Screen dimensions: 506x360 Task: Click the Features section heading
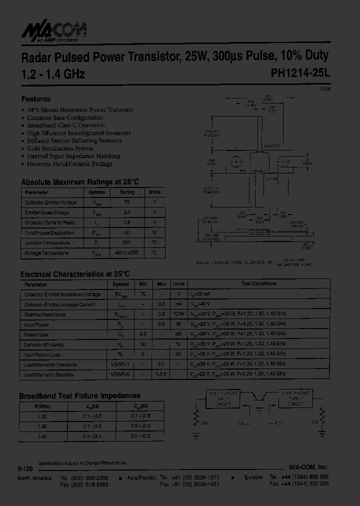tap(35, 99)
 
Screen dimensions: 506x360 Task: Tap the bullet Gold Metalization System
tap(60, 148)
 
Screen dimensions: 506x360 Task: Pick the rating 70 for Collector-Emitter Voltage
tap(127, 202)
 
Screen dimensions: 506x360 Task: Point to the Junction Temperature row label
tap(48, 243)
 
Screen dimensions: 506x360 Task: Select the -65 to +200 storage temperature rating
tap(127, 253)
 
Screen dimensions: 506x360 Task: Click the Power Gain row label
tap(36, 334)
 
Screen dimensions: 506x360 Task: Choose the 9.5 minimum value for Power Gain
tap(143, 334)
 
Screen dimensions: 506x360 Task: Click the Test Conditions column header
tap(258, 284)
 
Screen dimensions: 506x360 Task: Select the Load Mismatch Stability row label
tap(48, 374)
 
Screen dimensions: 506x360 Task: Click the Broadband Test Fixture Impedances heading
tap(79, 395)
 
